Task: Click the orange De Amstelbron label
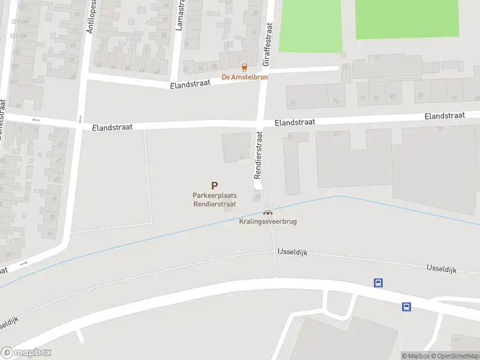click(245, 77)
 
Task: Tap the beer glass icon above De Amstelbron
click(244, 67)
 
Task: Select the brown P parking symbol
click(214, 187)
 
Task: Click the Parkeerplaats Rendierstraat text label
click(214, 200)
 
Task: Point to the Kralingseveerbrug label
click(268, 221)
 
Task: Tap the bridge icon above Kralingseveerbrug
click(268, 212)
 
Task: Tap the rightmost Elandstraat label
click(445, 116)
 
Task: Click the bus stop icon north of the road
click(379, 283)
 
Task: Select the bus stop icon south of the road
click(406, 307)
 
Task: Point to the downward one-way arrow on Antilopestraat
click(80, 119)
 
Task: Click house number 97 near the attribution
click(457, 341)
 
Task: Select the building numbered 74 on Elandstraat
click(336, 101)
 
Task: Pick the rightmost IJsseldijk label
click(443, 268)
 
